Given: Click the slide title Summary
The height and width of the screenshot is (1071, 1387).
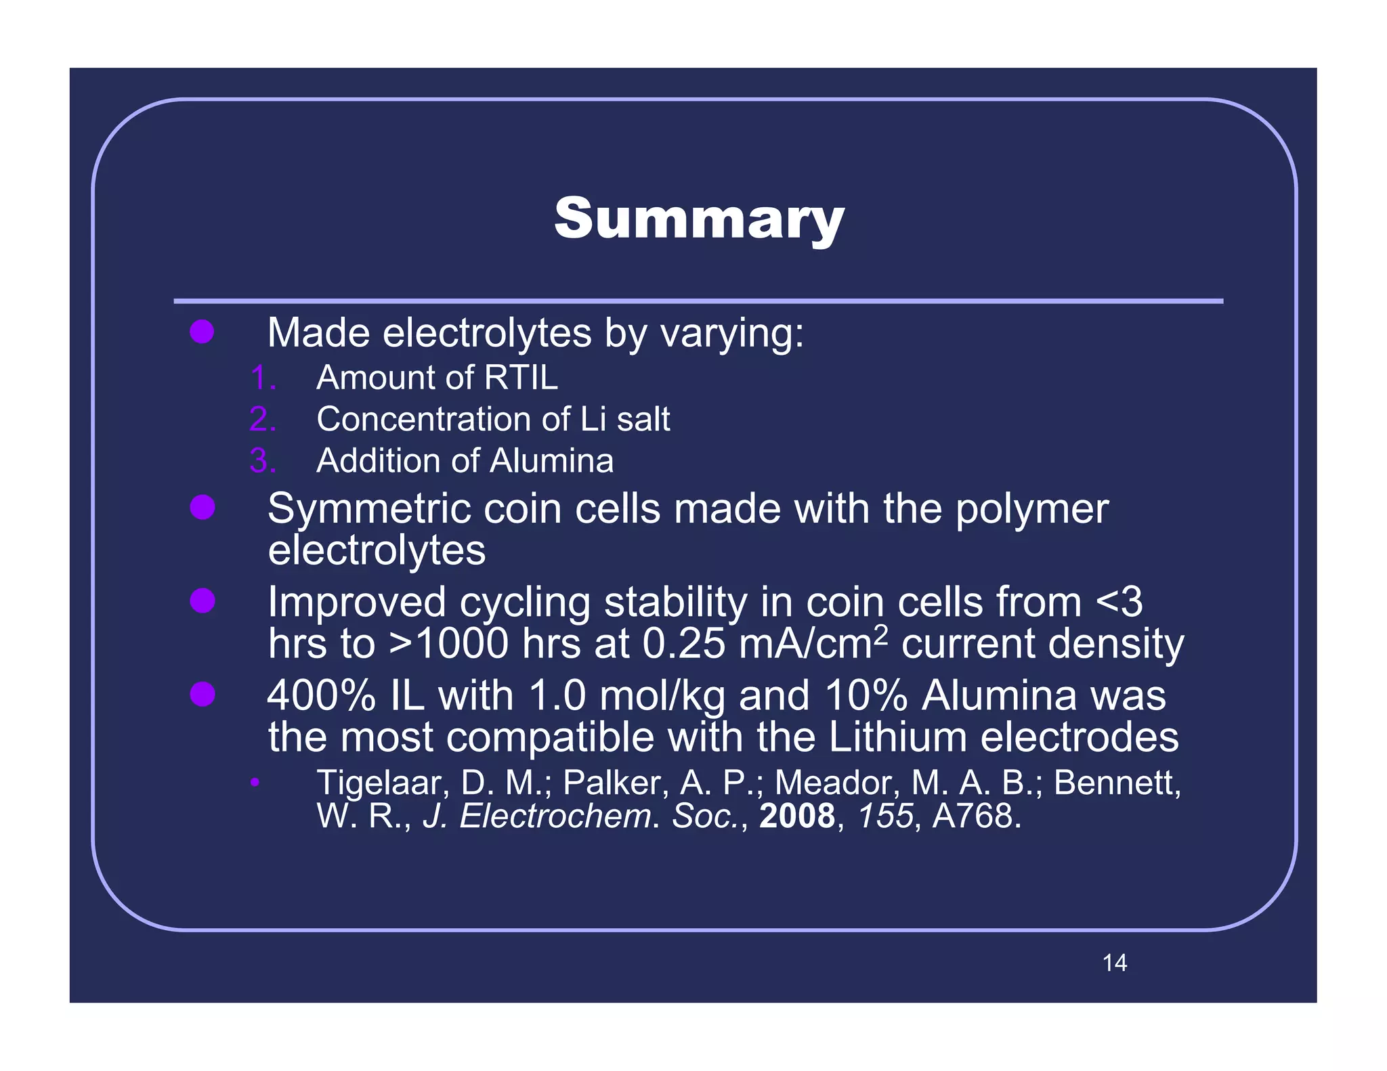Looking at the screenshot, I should pyautogui.click(x=699, y=219).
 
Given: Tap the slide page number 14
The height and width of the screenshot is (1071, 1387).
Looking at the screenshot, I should pyautogui.click(x=1114, y=963).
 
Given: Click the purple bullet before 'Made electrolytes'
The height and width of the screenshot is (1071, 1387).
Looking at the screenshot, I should pyautogui.click(x=202, y=332).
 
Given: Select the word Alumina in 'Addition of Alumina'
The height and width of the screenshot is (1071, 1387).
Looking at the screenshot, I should pyautogui.click(x=551, y=461).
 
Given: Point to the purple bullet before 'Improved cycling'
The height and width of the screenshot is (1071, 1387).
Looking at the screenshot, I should pyautogui.click(x=202, y=600).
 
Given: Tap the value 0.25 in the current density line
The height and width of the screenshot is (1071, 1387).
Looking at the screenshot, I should pyautogui.click(x=683, y=643).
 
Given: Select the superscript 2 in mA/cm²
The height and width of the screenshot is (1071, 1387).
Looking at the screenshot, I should pyautogui.click(x=880, y=634).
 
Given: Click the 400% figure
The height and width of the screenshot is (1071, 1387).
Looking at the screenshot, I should pyautogui.click(x=321, y=695).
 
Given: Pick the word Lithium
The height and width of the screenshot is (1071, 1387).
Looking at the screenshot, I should pyautogui.click(x=897, y=737).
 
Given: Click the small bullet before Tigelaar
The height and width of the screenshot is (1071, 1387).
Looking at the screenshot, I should pyautogui.click(x=254, y=783).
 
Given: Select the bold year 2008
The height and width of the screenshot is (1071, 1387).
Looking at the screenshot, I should pyautogui.click(x=797, y=816).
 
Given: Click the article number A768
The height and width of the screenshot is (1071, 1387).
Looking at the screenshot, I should pyautogui.click(x=975, y=816).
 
